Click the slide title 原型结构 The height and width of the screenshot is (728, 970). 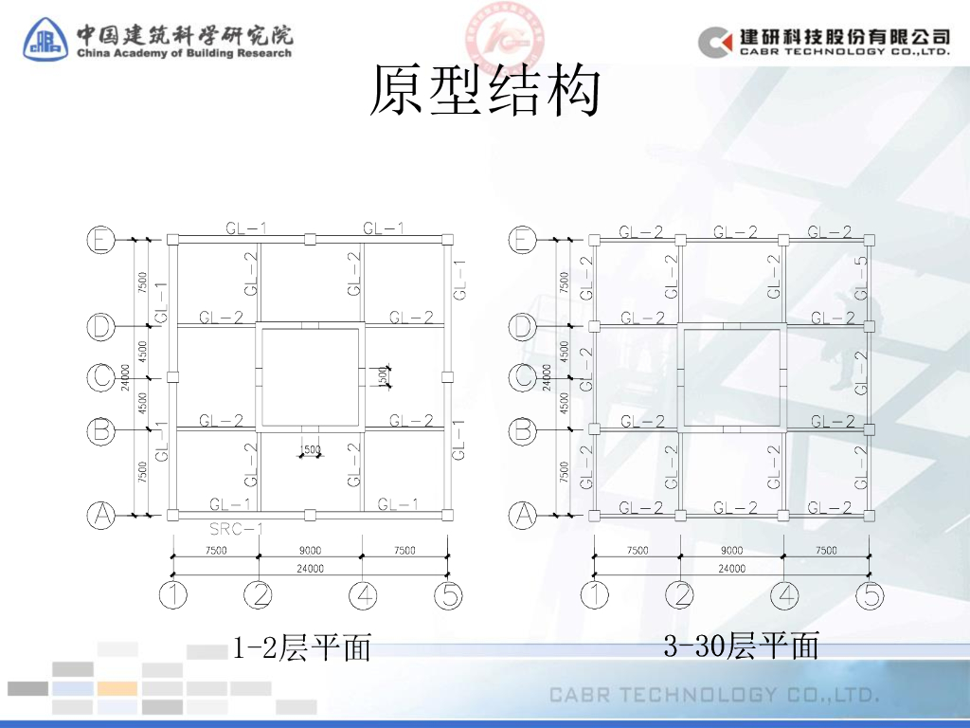484,92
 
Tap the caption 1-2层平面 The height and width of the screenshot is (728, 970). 301,648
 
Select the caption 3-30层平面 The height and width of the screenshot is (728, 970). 741,646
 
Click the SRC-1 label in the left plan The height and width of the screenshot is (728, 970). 236,529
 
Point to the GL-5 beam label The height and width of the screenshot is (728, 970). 860,275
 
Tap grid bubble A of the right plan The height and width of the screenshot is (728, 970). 523,516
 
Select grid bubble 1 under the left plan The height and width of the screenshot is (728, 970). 172,596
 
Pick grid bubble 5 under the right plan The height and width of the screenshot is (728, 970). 870,596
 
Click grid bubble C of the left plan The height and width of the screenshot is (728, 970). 101,377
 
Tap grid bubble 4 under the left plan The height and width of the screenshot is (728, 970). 363,596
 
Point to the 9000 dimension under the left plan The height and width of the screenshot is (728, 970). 310,551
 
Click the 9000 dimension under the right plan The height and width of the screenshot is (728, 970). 731,551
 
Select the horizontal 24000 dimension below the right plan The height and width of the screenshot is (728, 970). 731,569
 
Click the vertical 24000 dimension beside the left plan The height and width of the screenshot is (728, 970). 125,377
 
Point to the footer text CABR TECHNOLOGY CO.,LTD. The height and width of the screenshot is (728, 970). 715,695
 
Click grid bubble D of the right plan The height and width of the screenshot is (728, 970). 523,327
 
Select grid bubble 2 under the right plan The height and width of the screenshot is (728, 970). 679,596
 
